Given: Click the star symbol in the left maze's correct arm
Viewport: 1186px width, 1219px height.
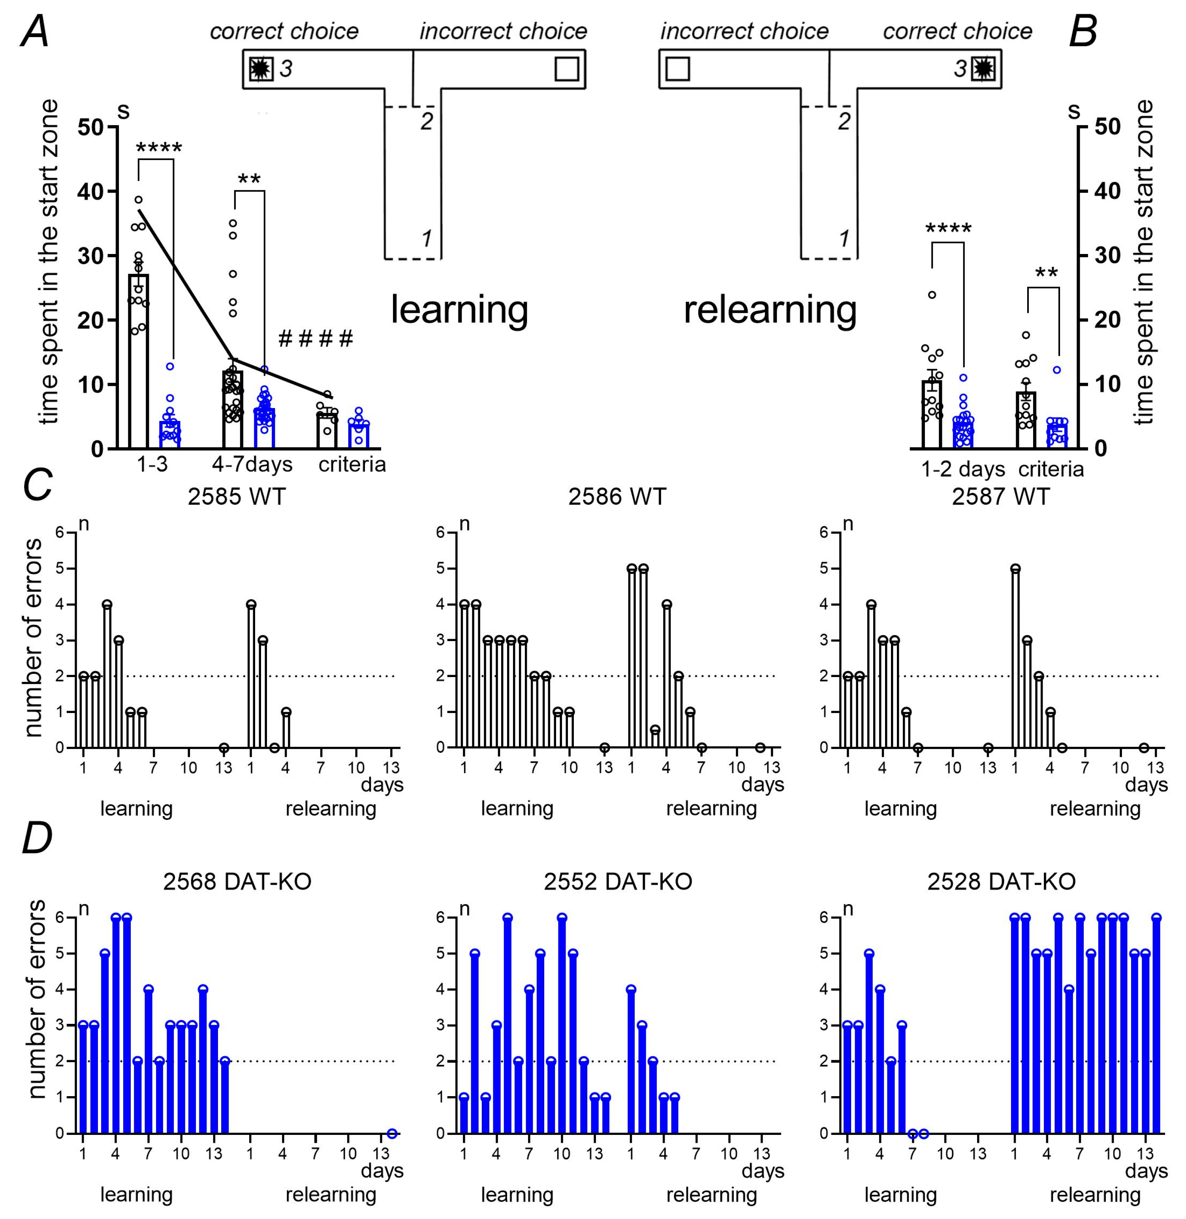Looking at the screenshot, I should [261, 68].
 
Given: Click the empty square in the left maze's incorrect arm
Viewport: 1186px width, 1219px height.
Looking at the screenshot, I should [566, 68].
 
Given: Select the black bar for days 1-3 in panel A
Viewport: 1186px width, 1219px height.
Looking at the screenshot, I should [138, 361].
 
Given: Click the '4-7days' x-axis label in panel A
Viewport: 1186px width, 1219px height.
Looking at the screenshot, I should [252, 465].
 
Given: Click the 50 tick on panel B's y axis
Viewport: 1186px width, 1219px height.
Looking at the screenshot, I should [1107, 127].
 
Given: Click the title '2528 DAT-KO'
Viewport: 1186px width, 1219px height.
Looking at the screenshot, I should [1001, 882].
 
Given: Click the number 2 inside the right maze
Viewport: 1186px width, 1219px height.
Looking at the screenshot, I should [844, 121].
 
